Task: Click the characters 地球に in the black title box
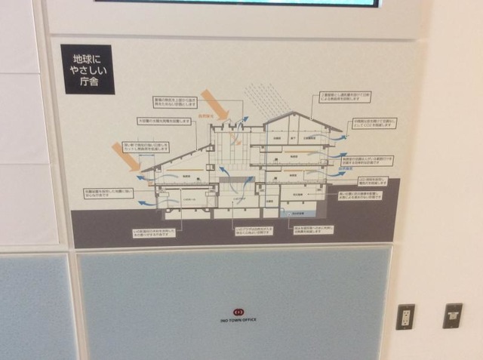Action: point(88,57)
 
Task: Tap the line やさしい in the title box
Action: point(88,69)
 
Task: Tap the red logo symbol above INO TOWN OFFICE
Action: point(238,310)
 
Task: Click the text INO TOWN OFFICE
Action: point(238,320)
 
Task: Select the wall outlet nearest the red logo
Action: point(405,316)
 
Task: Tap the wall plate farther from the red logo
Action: point(452,314)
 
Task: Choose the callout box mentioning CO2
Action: point(374,122)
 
